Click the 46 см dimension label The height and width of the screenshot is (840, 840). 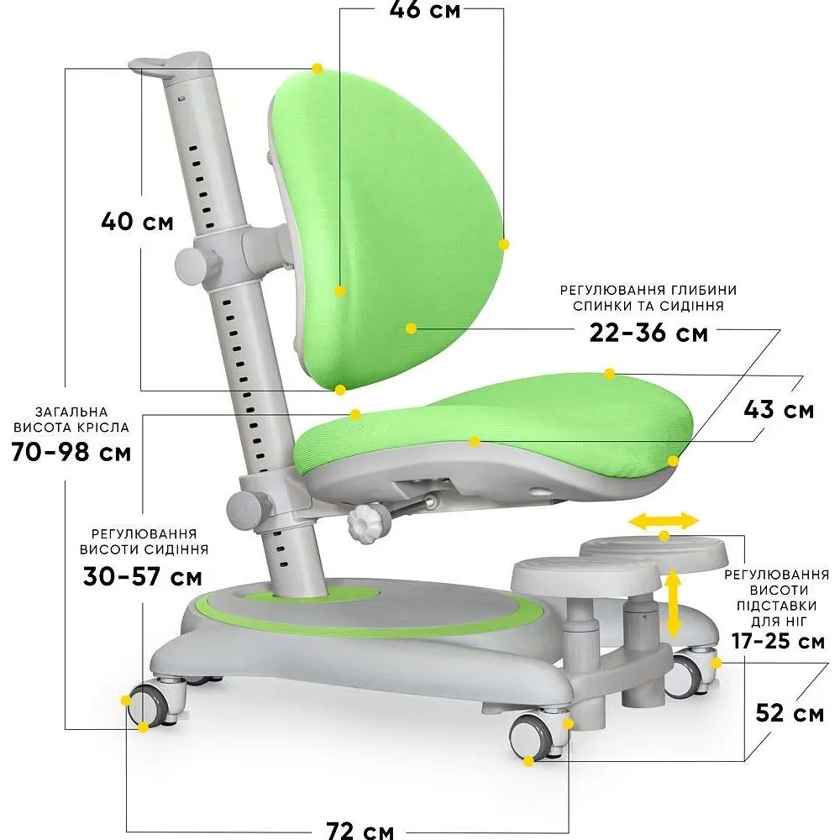(425, 9)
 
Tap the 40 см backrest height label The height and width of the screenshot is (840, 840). (138, 221)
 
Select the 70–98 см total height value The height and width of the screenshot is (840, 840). (71, 452)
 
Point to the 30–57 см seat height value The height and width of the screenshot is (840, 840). (143, 576)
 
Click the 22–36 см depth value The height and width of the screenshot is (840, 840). (648, 333)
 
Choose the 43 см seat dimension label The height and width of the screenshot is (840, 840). (779, 410)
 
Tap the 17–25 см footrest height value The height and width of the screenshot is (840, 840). (779, 641)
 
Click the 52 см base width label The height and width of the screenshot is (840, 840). (790, 713)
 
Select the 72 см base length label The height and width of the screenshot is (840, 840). (360, 831)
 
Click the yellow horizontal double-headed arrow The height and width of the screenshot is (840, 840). (664, 521)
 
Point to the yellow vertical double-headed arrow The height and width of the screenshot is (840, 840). (673, 603)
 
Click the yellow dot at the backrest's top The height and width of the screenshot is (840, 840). (318, 69)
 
